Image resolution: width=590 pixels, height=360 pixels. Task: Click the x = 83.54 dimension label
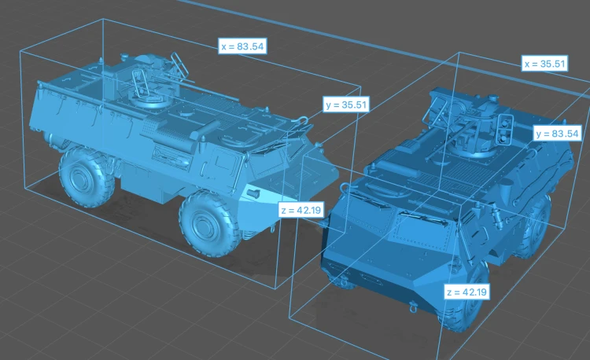pos(243,46)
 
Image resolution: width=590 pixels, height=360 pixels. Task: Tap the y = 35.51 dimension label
pos(346,105)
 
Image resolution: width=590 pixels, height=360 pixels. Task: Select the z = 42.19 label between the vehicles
pos(301,210)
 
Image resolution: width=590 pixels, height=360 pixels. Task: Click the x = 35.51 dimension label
pos(545,64)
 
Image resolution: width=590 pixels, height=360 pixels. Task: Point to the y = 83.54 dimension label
pos(557,134)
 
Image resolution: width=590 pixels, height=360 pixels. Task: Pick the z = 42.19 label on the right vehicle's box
pos(466,292)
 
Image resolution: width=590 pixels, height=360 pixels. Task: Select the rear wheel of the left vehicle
pos(86,176)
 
